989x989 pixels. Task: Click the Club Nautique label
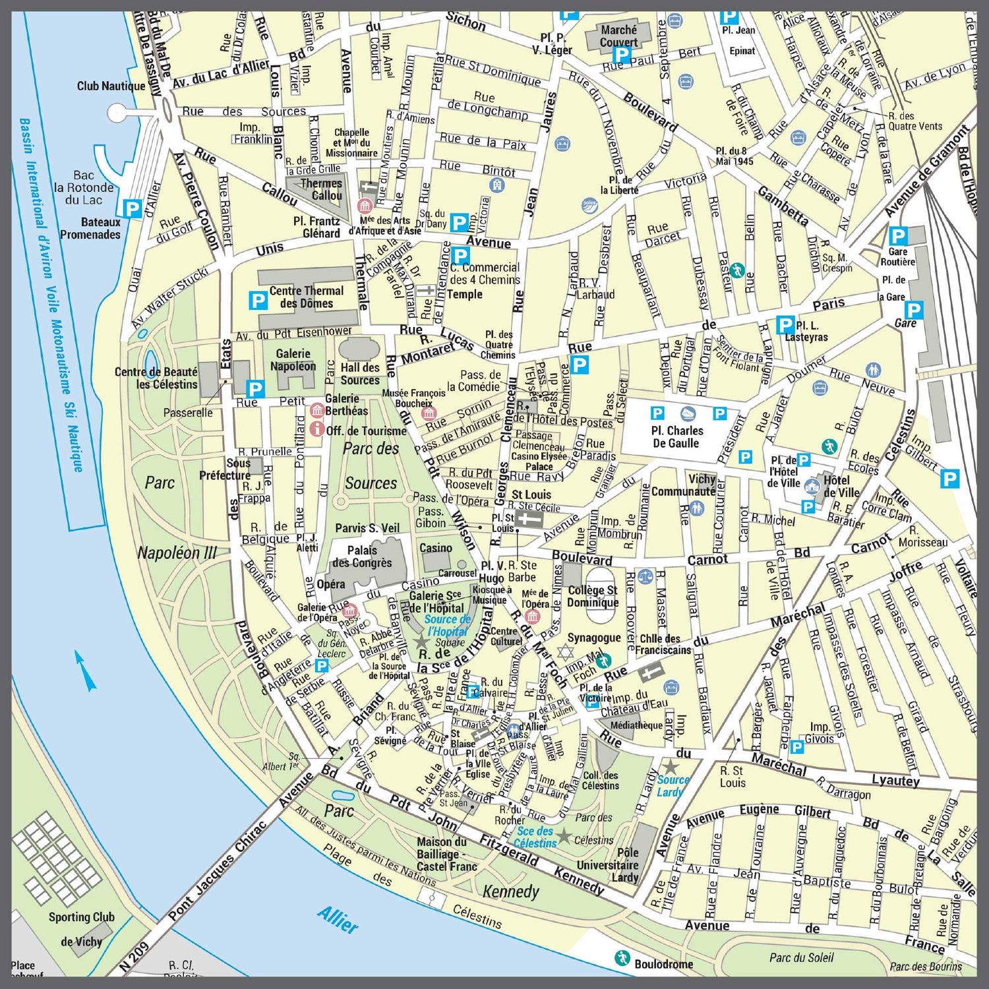click(x=111, y=86)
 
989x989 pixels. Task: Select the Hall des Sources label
click(x=360, y=374)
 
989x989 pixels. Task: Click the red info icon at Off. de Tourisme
click(x=317, y=429)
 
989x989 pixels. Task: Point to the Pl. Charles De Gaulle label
click(x=676, y=436)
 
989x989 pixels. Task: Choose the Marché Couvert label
click(x=618, y=36)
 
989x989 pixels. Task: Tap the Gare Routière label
click(x=897, y=256)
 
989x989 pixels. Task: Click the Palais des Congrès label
click(x=362, y=556)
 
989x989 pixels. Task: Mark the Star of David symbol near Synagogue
click(x=564, y=653)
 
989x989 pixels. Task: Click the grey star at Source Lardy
click(x=670, y=767)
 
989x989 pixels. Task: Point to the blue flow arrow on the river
click(x=86, y=670)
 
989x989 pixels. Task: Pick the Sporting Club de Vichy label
click(x=80, y=928)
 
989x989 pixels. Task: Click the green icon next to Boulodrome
click(x=621, y=958)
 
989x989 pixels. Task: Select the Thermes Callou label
click(x=322, y=189)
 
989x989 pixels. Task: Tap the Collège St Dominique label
click(x=593, y=596)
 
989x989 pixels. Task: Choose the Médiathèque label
click(x=636, y=725)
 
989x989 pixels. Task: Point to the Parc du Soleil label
click(x=801, y=957)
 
